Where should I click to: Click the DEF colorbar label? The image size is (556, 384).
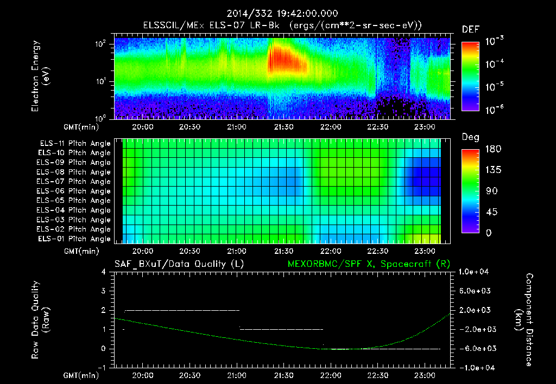(x=470, y=29)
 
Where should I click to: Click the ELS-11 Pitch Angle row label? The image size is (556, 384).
(x=75, y=143)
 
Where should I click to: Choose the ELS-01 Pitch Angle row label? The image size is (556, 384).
(x=75, y=239)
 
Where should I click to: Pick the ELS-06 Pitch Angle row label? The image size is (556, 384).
(x=75, y=191)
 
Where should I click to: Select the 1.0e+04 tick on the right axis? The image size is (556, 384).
(x=475, y=271)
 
